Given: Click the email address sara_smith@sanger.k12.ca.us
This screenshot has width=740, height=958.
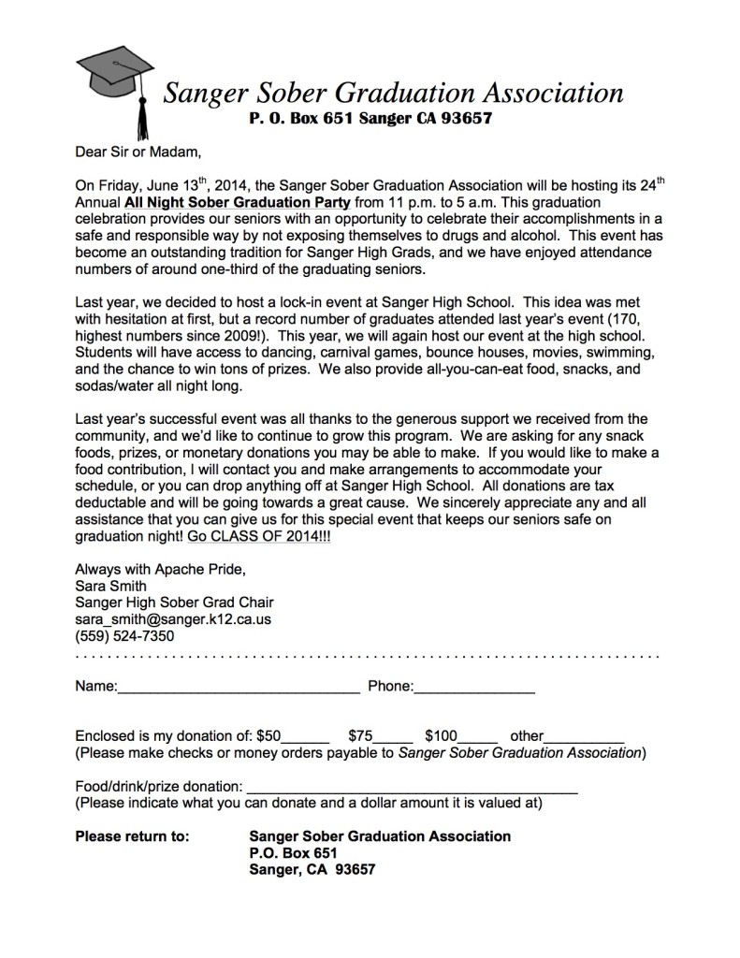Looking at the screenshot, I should pos(171,619).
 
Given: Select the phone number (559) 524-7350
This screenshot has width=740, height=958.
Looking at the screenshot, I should pos(124,636).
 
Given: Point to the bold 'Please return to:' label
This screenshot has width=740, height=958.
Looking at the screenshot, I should pos(132,835).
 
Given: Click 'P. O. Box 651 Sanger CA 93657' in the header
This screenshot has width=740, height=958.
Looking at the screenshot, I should pos(370,119).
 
